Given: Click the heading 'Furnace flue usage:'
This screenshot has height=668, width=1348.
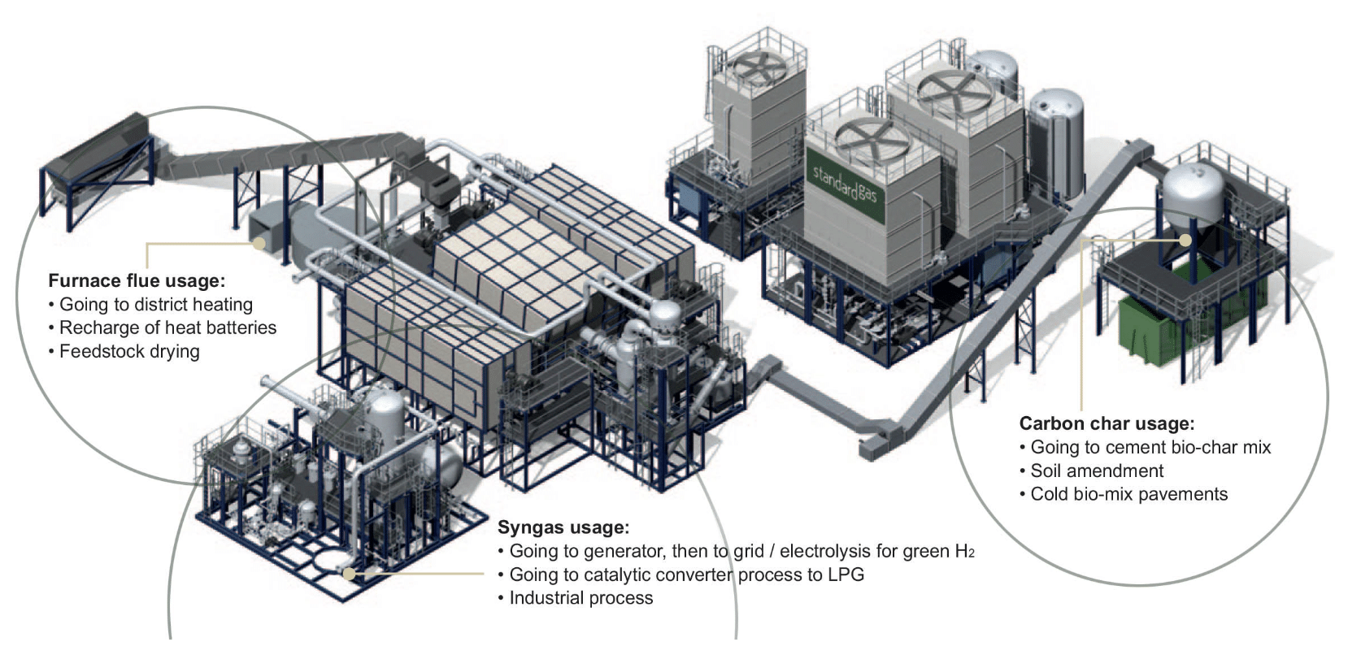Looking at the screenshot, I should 137,281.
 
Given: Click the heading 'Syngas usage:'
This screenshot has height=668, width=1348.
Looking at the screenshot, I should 563,527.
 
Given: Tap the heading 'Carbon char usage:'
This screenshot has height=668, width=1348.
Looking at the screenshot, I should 1107,423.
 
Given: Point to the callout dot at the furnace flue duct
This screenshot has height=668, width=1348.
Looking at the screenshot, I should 259,242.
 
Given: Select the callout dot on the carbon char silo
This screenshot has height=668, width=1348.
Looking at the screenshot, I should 1185,241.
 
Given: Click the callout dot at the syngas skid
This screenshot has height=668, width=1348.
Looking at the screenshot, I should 349,574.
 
